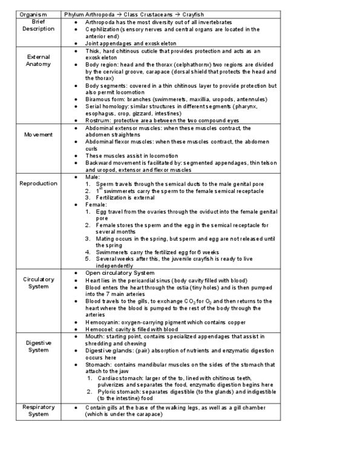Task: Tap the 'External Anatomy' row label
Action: (39, 60)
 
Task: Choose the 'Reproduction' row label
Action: (38, 183)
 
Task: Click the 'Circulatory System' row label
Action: (39, 283)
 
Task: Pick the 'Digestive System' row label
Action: (38, 346)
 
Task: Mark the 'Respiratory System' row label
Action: (38, 411)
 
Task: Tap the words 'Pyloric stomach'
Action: (117, 392)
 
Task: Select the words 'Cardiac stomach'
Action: (119, 377)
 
